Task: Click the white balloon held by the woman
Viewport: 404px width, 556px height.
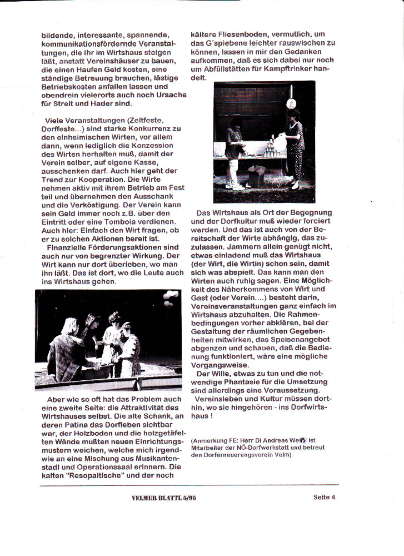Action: pos(281,143)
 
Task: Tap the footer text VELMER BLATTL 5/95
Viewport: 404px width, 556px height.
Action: pos(164,498)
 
